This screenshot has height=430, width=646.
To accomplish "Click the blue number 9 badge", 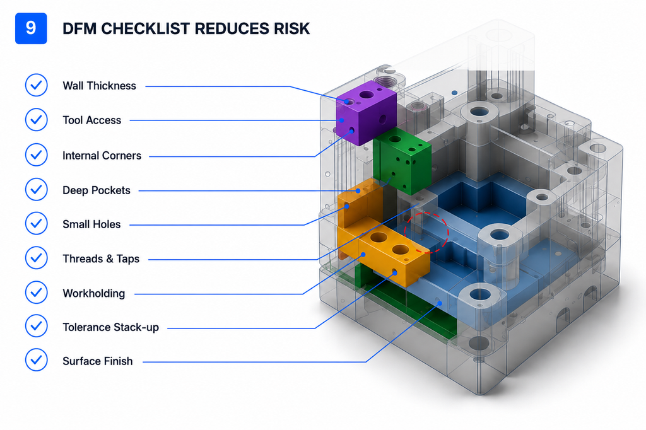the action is pyautogui.click(x=31, y=28).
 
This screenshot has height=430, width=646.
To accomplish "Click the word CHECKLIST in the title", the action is pyautogui.click(x=145, y=29).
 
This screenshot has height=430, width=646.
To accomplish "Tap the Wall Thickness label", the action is pyautogui.click(x=99, y=86).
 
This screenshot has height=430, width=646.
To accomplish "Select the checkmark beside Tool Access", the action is pyautogui.click(x=36, y=120).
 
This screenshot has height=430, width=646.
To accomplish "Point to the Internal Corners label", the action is pyautogui.click(x=102, y=156).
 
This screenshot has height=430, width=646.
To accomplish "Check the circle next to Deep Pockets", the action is pyautogui.click(x=36, y=189).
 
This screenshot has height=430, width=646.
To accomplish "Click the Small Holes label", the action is pyautogui.click(x=91, y=224).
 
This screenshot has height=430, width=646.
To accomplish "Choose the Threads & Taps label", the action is pyautogui.click(x=101, y=259).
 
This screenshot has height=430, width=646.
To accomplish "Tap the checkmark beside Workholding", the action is pyautogui.click(x=36, y=293).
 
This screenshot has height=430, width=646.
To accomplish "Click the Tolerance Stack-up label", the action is pyautogui.click(x=110, y=327).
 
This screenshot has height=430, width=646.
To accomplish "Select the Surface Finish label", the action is pyautogui.click(x=98, y=361).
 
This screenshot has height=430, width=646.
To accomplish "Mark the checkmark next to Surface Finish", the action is pyautogui.click(x=36, y=360).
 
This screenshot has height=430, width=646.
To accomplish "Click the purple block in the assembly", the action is pyautogui.click(x=366, y=113).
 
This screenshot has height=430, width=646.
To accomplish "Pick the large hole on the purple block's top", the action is pyautogui.click(x=366, y=95).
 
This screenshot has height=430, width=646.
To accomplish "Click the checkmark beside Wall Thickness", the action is pyautogui.click(x=36, y=85).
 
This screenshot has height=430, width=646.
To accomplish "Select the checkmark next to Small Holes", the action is pyautogui.click(x=36, y=223).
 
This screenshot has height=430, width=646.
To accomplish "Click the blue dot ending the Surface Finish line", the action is pyautogui.click(x=440, y=303).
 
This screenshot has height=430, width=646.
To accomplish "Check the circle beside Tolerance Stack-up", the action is pyautogui.click(x=36, y=326).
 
